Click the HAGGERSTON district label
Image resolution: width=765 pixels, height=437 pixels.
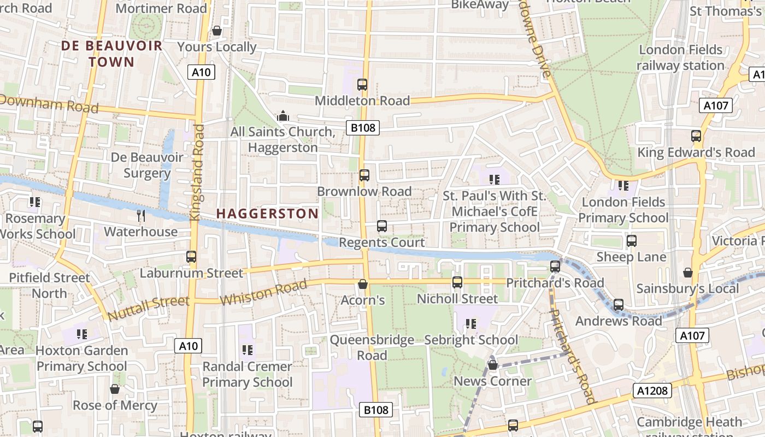267,214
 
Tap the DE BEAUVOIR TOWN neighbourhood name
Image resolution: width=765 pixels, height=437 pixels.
111,54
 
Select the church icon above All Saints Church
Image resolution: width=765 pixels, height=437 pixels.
283,116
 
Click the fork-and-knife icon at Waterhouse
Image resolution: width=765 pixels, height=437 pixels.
141,216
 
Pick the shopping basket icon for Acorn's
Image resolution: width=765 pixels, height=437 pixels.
362,284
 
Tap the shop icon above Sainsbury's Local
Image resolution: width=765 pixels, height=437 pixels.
687,272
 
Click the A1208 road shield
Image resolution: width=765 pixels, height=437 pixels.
652,390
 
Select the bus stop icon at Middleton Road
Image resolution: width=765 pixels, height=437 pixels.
362,85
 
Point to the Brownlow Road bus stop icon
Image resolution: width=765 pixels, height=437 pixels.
364,175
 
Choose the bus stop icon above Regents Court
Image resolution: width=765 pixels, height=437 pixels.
382,226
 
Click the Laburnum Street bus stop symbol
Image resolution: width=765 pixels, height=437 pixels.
191,257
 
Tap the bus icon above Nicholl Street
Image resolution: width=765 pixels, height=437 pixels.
457,282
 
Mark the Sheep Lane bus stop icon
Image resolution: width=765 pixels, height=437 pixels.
632,241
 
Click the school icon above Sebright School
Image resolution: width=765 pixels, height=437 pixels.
471,324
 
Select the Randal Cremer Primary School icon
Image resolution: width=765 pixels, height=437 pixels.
247,350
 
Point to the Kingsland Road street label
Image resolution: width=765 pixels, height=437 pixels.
197,173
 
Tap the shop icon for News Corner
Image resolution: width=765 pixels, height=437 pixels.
492,365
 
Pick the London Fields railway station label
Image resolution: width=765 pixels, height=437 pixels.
680,57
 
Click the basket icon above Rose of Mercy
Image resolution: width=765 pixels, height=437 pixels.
115,389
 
